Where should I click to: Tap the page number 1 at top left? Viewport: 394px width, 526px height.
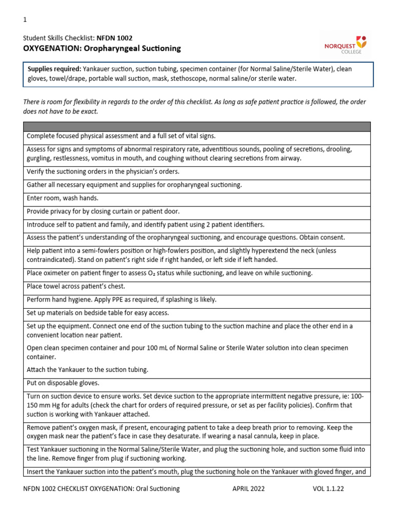[25, 20]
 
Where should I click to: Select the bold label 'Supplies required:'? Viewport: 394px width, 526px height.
[53, 69]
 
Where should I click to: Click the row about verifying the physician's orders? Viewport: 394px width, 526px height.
[103, 171]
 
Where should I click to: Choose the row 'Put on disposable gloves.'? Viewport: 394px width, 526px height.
[63, 383]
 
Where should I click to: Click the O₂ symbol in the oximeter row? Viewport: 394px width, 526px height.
[198, 273]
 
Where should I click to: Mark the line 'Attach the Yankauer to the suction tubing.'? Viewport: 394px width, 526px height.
[87, 370]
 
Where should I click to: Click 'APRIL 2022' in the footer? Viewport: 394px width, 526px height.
[248, 489]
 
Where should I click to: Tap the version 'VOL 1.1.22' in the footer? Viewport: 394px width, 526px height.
[328, 489]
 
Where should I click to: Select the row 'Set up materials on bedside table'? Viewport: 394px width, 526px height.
[97, 312]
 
